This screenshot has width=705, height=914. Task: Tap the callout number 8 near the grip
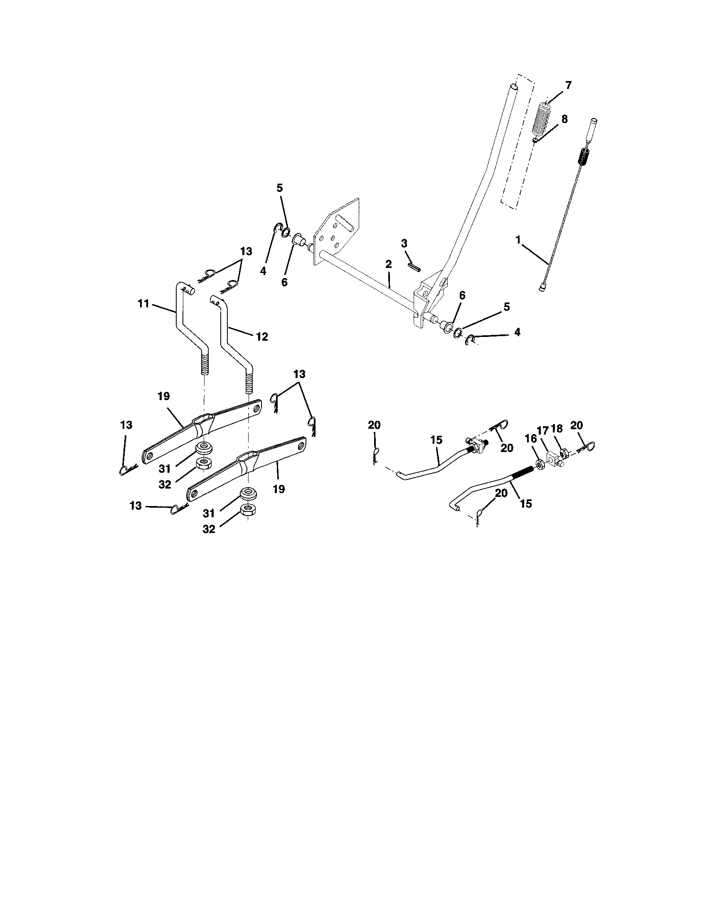coord(564,119)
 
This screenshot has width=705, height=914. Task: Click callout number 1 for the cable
coord(518,240)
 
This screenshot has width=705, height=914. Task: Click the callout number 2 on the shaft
coord(389,264)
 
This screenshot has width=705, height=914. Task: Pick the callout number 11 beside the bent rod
coord(143,304)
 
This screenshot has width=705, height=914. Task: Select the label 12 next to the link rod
coord(262,337)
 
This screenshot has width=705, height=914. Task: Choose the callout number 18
coord(557,429)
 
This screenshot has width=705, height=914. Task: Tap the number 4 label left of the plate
coord(263,271)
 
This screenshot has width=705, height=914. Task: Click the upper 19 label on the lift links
coord(164,396)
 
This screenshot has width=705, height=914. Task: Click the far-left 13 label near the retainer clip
coord(126,425)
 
